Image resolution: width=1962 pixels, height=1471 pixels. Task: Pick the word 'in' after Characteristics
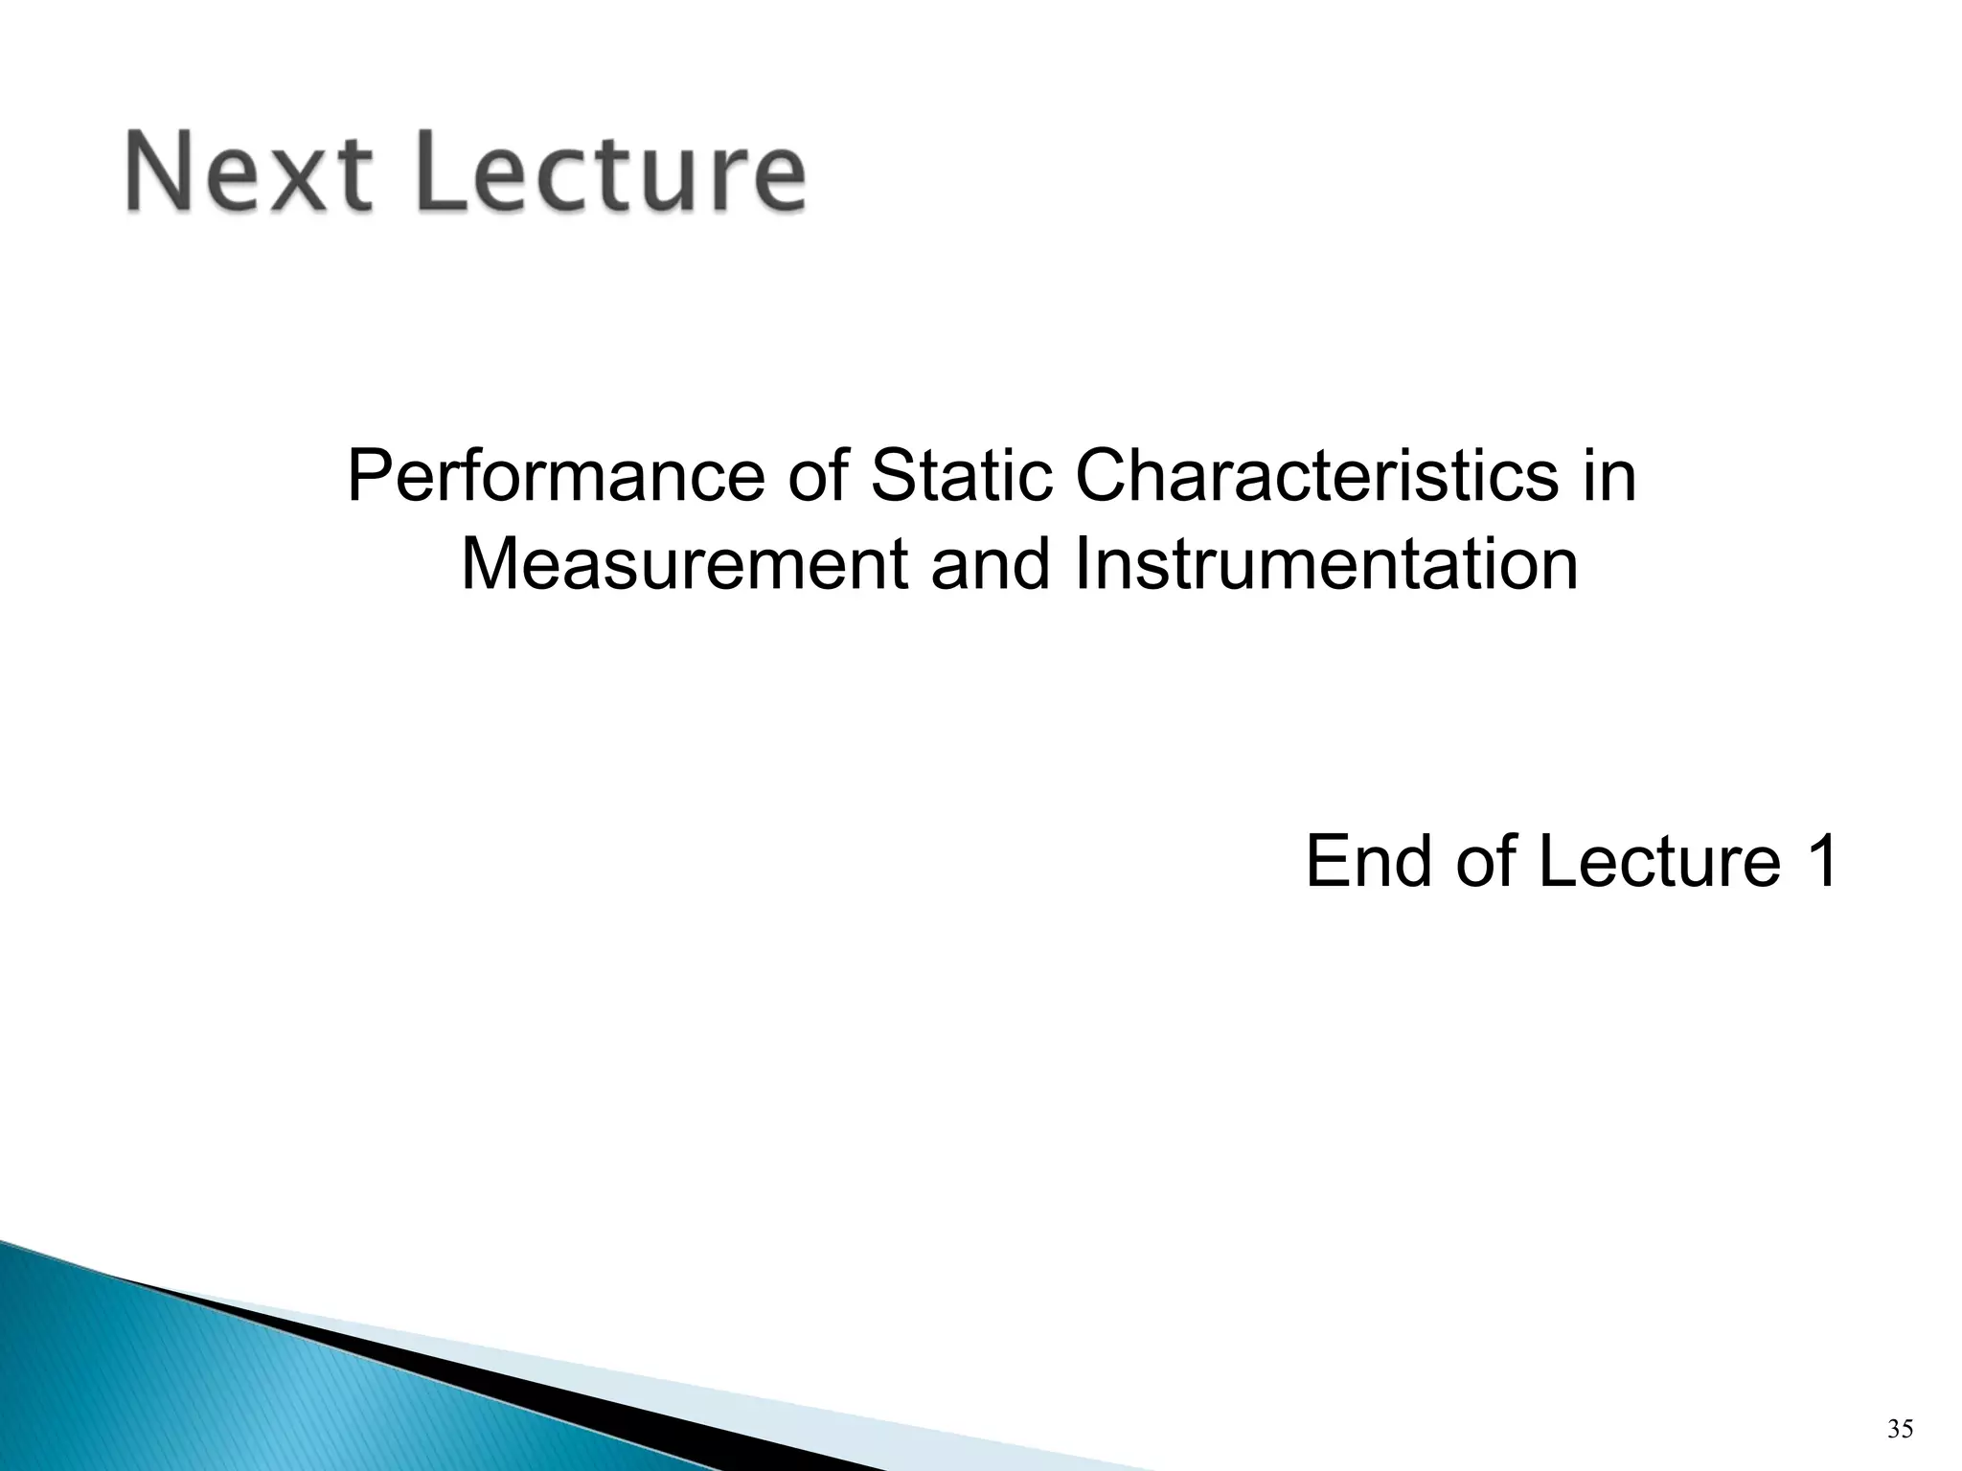[1609, 476]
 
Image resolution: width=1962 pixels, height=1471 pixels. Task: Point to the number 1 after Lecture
[1817, 861]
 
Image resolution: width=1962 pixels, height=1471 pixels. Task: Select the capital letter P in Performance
[369, 476]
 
